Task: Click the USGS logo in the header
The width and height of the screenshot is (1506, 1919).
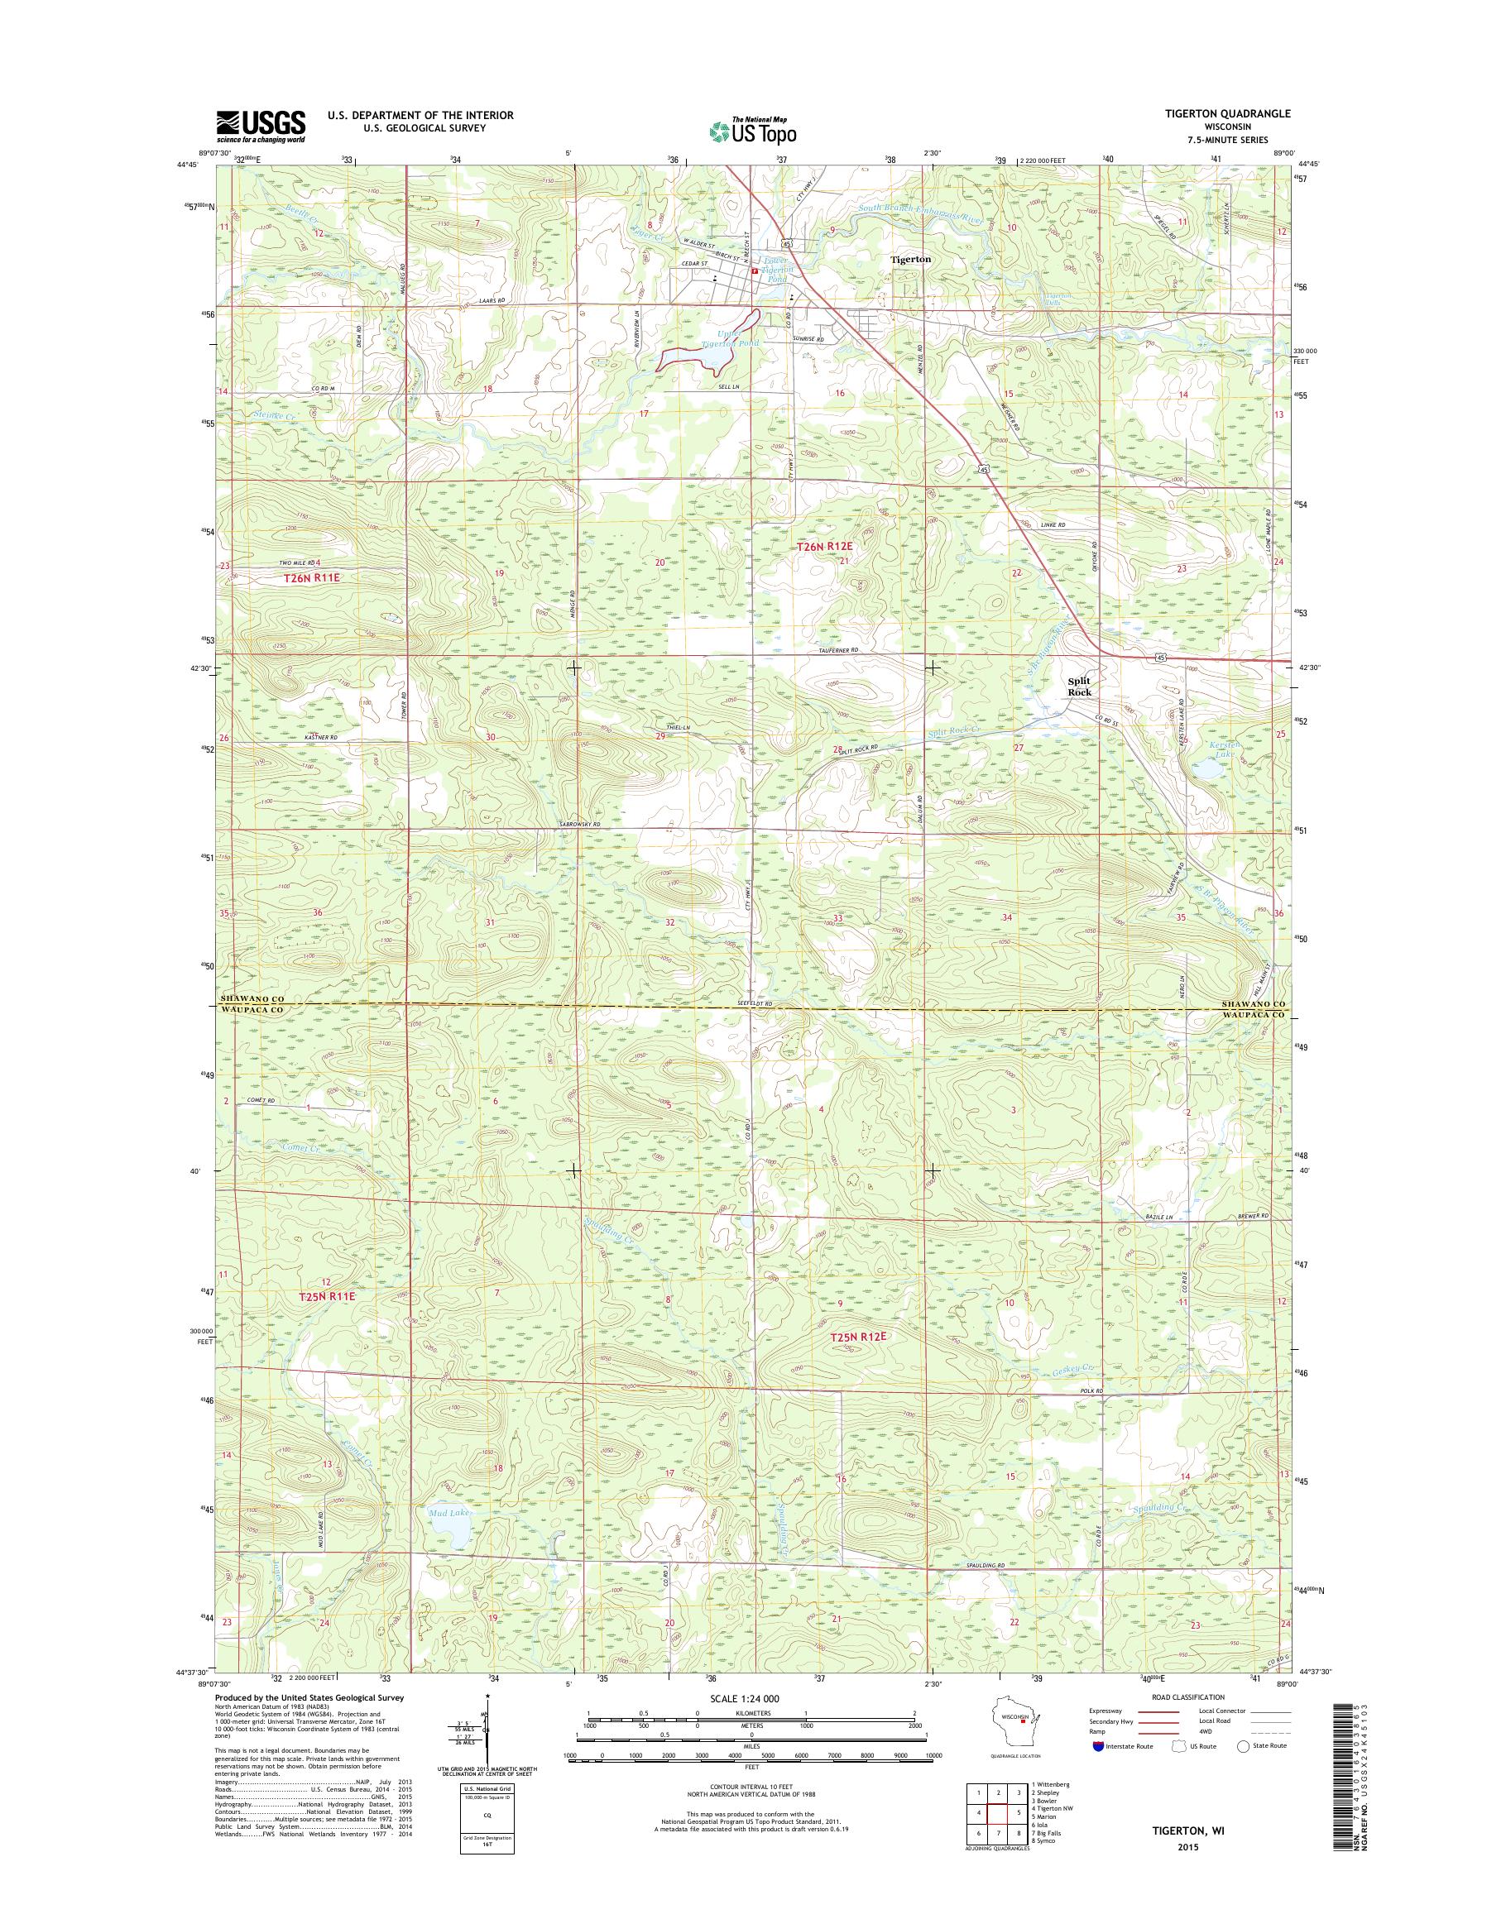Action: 261,127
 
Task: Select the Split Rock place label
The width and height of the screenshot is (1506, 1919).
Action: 1079,687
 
